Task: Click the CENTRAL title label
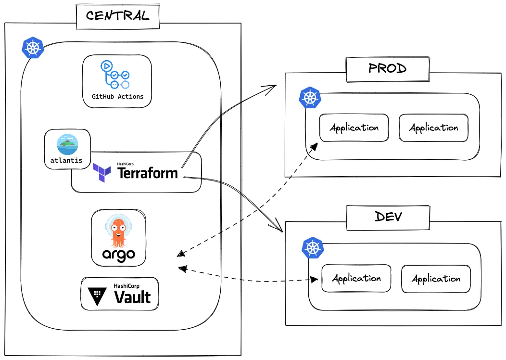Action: [x=117, y=15]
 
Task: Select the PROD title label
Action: [x=387, y=68]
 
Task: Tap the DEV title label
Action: [x=388, y=217]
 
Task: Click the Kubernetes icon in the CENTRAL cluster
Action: [x=33, y=48]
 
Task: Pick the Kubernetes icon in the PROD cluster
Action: [x=310, y=98]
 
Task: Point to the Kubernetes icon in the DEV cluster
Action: [x=313, y=248]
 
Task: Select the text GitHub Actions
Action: [x=117, y=96]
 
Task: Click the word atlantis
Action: [x=66, y=161]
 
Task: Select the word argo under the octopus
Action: [x=118, y=255]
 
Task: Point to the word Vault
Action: [x=132, y=297]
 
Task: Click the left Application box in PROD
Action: [x=354, y=128]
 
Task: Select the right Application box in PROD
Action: [x=433, y=128]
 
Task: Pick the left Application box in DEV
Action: [x=356, y=278]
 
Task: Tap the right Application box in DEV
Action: [x=436, y=279]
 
